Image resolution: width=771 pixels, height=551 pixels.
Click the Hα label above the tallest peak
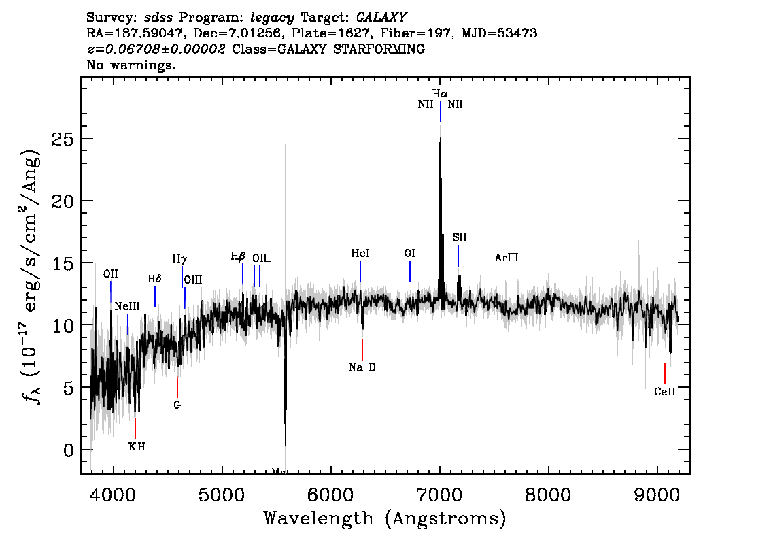coord(440,93)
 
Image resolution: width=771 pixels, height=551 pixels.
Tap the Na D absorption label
coord(362,367)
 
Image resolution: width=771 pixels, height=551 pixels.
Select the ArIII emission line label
coord(507,257)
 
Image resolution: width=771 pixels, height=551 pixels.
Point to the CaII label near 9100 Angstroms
coord(664,392)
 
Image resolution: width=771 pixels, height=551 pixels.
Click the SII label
coord(459,237)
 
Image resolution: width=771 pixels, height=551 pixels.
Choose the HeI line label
coord(360,253)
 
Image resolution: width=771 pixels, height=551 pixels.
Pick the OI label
coord(409,253)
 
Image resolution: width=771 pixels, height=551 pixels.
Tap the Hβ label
coord(238,256)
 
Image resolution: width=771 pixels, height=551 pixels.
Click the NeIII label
coord(127,307)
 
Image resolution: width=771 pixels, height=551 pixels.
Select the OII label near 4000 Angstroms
coord(111,274)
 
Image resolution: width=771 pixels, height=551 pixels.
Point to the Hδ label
coord(154,279)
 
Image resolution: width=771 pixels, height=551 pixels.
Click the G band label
coord(177,405)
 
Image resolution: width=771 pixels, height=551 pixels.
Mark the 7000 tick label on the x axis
coord(440,495)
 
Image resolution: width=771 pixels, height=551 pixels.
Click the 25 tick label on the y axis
coord(63,139)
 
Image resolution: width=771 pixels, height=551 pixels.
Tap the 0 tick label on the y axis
coord(69,450)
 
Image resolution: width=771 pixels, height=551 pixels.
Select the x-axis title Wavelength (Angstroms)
coord(385,518)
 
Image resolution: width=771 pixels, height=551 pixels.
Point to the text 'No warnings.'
coord(131,65)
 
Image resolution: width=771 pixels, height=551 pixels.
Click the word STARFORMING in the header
coord(379,49)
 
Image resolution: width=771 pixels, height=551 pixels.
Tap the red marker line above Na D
coord(363,349)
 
